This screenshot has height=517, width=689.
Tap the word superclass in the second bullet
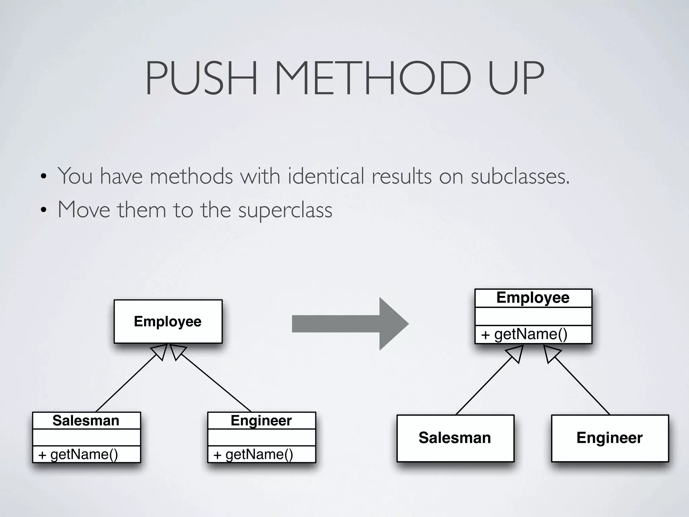(285, 210)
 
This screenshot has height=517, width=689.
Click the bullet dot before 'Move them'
(43, 211)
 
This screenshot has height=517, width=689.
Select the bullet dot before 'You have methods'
(43, 177)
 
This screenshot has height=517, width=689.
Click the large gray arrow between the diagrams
(350, 324)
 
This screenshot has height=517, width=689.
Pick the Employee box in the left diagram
(168, 321)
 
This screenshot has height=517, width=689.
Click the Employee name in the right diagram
(533, 298)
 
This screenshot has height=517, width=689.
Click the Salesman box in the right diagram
(455, 438)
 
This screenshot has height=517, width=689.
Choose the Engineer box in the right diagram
(610, 438)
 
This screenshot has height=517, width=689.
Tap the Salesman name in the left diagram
(86, 420)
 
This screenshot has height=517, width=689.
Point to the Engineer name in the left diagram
(261, 420)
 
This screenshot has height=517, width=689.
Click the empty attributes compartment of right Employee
(533, 316)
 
